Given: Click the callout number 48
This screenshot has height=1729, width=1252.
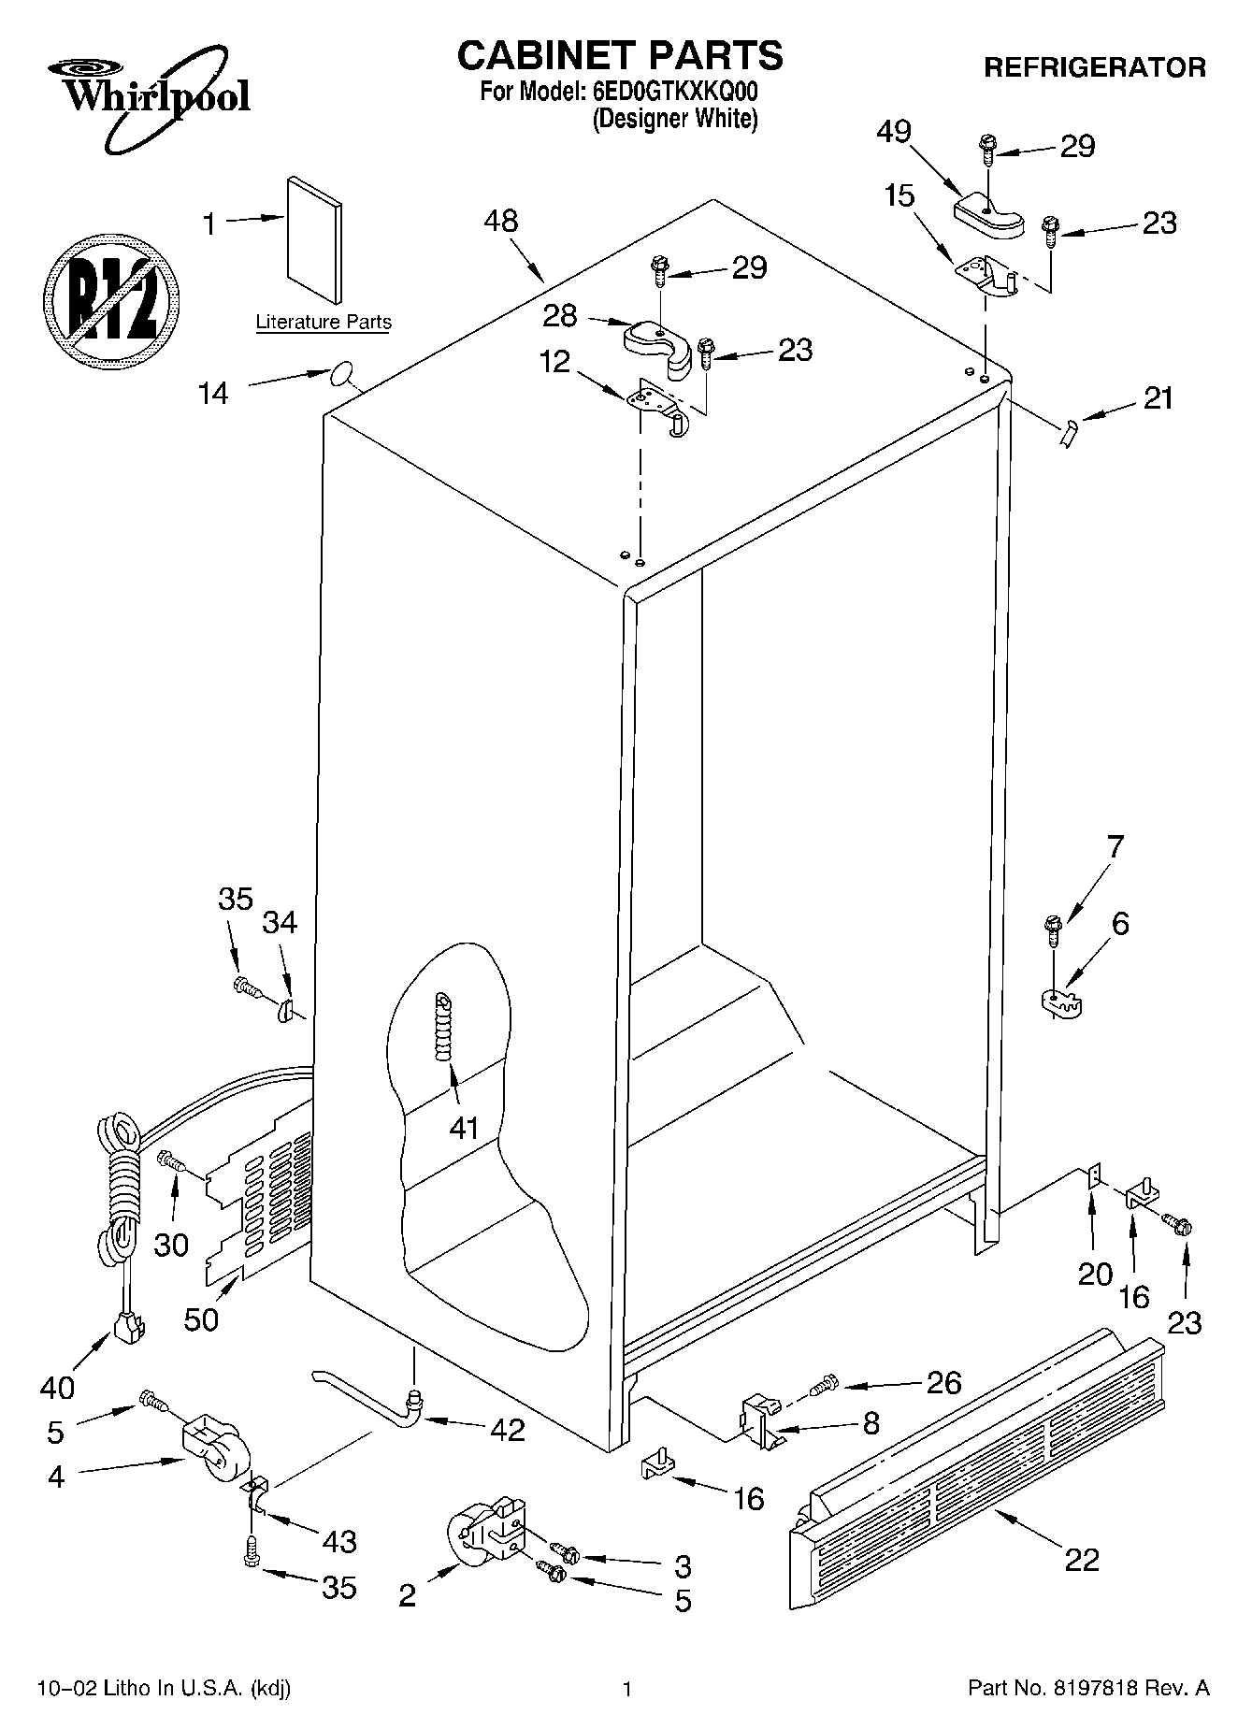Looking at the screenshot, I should coord(501,222).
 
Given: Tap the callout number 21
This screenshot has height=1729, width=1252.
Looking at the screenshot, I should coord(1158,398).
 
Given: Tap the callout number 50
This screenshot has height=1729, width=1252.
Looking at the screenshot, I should coord(201,1318).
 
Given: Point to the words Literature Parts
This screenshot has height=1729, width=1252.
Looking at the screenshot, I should coord(324,323).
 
